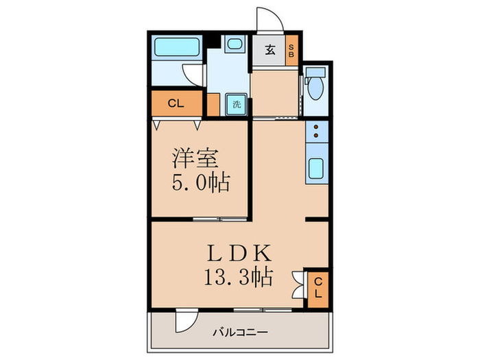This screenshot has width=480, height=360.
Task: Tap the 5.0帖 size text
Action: pos(200,183)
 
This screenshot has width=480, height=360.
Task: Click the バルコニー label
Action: pos(239,333)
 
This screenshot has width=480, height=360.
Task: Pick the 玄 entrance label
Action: pos(270,49)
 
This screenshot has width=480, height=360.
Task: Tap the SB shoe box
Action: pos(291,49)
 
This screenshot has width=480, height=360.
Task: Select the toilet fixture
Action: pos(316,88)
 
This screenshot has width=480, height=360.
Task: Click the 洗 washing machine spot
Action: pos(236,105)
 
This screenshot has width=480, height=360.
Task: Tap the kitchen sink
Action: pos(317,168)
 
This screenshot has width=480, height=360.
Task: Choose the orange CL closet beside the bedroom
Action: pos(176,104)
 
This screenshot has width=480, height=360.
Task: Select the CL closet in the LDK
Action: pos(317,285)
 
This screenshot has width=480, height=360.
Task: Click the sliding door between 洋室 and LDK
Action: pos(219,219)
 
